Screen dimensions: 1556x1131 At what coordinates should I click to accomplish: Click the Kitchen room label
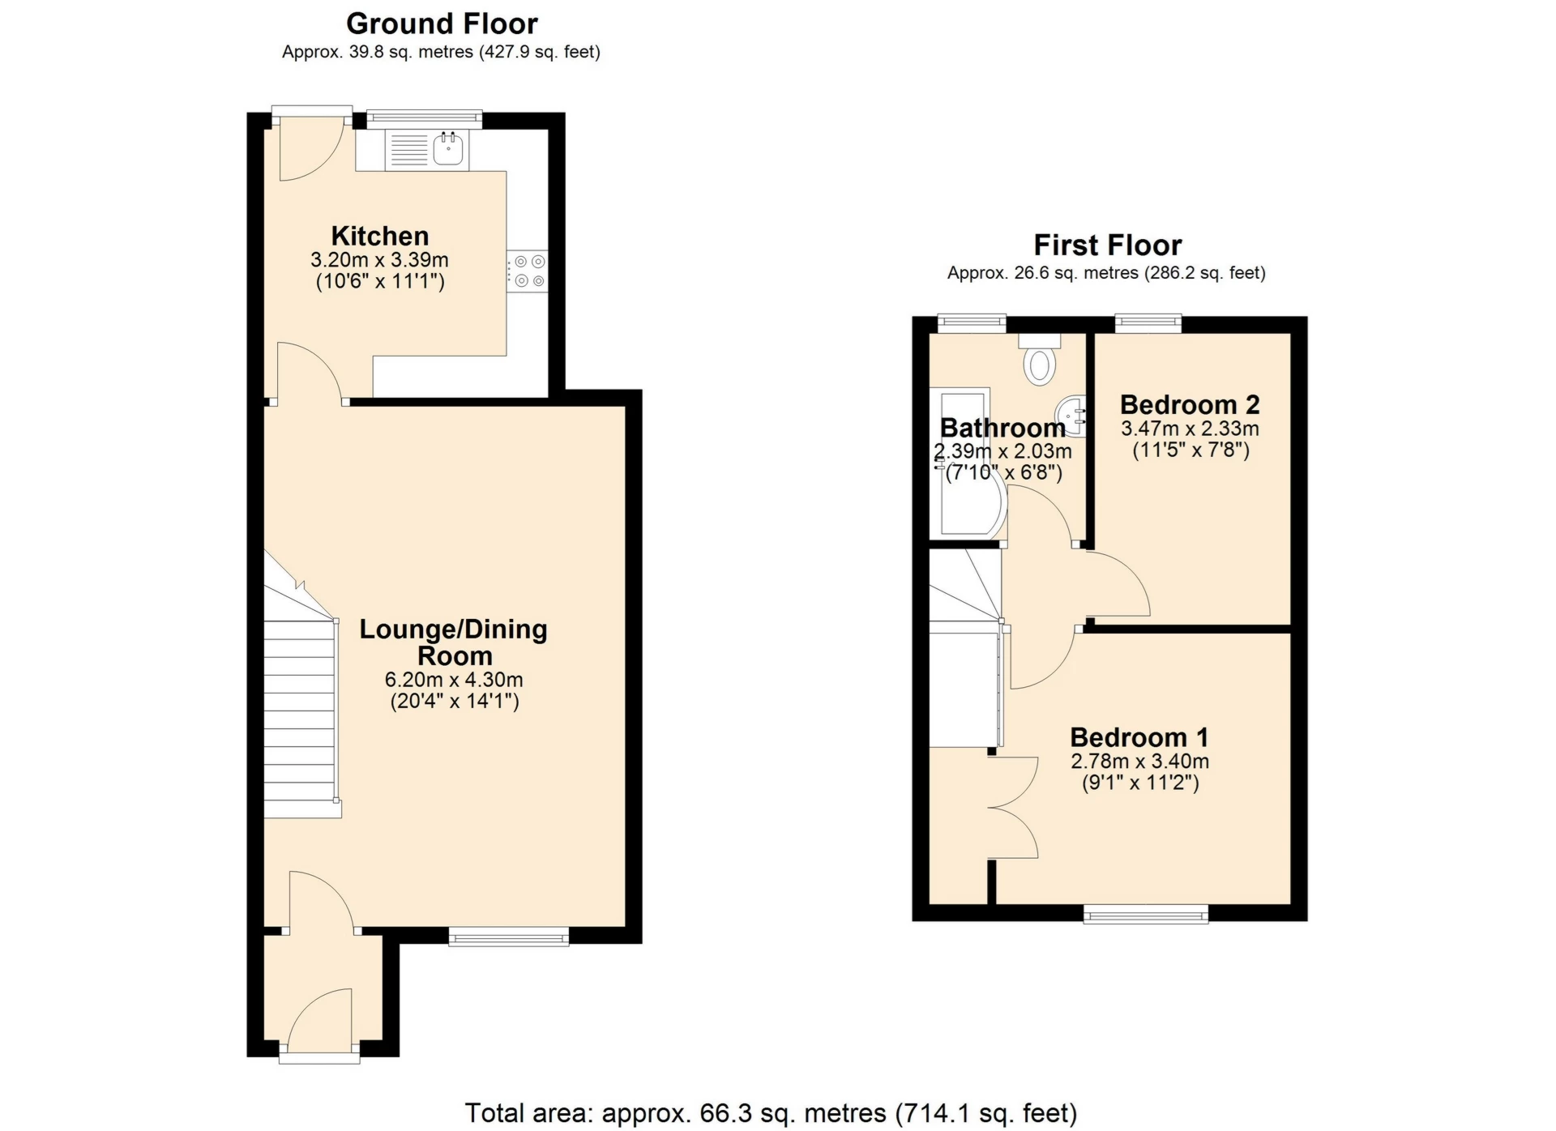(379, 236)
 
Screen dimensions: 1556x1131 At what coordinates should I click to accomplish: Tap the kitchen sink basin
(448, 149)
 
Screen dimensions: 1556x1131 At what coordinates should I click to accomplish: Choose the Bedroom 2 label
(1190, 404)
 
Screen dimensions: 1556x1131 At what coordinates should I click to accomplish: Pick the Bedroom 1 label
(1139, 737)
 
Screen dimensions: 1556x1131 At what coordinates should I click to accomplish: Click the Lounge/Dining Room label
(454, 642)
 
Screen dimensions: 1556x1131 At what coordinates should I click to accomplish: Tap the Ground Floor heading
(442, 23)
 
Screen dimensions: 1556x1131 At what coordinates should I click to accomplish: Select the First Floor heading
(1107, 245)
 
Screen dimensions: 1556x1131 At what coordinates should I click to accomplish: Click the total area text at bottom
(771, 1113)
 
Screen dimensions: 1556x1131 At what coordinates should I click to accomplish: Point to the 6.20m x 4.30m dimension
(454, 679)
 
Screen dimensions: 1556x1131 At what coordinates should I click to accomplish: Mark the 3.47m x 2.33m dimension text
(1190, 428)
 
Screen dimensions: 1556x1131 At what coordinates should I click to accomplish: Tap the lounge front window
(509, 937)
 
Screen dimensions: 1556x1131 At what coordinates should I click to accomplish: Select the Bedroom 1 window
(1146, 915)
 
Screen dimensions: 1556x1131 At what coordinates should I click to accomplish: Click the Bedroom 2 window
(1148, 324)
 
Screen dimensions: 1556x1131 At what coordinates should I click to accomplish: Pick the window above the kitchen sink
(424, 120)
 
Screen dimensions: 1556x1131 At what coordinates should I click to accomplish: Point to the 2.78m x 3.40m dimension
(1139, 762)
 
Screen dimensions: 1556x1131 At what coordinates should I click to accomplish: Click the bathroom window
(972, 324)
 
